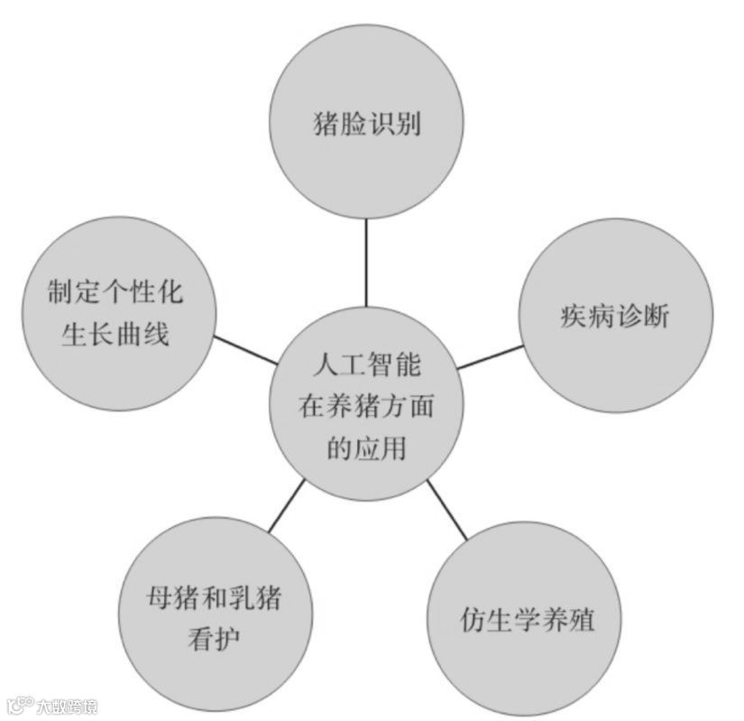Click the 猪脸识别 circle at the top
[x=367, y=125]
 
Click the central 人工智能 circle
[x=367, y=407]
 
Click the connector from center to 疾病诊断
[x=491, y=356]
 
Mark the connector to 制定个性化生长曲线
[x=245, y=350]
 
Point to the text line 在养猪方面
[x=367, y=407]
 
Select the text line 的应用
[x=367, y=448]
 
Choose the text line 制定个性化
[x=115, y=291]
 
